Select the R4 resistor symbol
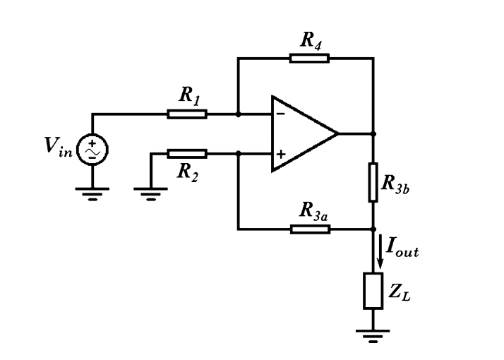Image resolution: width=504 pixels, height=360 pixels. pos(308,58)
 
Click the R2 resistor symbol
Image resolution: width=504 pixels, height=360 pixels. pos(187,153)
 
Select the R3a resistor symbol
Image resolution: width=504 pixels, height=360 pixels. pos(310,229)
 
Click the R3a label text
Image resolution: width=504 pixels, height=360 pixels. pos(313,210)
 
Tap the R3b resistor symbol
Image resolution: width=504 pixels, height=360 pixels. pos(373,181)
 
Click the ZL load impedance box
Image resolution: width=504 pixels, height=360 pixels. pos(373,291)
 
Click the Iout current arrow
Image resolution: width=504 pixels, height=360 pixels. pos(380,253)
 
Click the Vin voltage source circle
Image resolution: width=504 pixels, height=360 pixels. pos(92,148)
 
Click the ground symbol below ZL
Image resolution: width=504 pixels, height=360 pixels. pos(373,335)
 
